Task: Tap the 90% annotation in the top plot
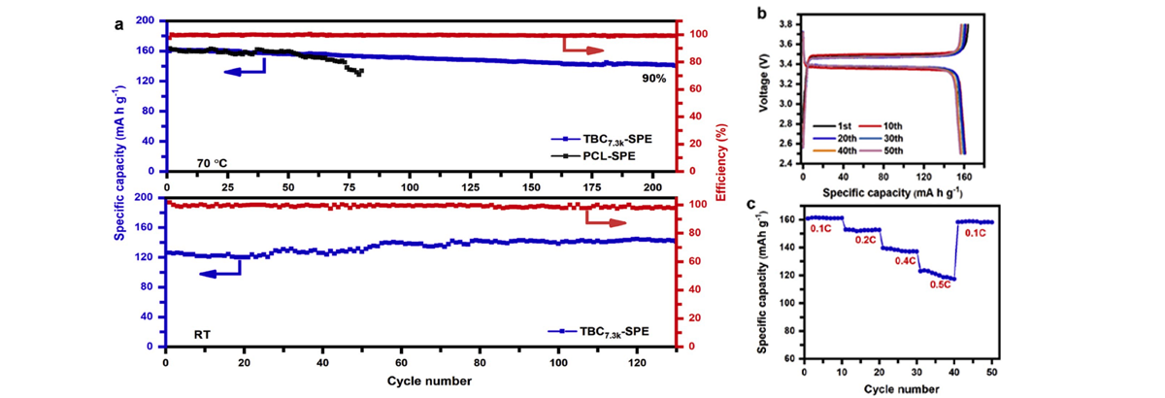[x=653, y=78]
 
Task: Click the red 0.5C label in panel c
[x=939, y=285]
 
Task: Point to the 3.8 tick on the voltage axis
[x=786, y=23]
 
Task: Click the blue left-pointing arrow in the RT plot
[x=221, y=273]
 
